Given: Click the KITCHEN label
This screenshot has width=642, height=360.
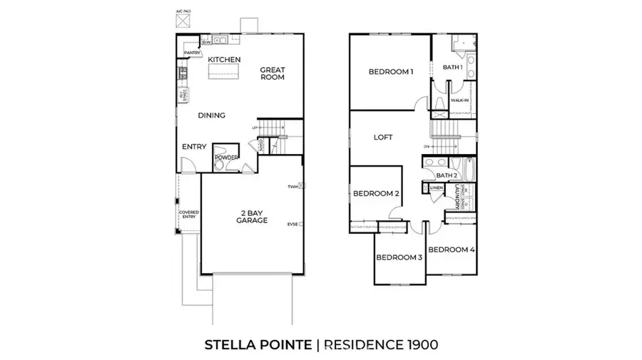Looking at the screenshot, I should pos(224,59).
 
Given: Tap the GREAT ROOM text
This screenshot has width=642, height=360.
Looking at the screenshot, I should pos(272,73).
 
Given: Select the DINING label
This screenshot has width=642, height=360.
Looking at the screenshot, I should pos(211,115).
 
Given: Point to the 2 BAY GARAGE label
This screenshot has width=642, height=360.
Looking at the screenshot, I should pos(252,217).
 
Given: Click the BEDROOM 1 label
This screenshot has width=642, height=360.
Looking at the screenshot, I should pos(391,71).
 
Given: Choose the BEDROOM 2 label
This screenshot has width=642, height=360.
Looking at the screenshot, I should pos(376,193).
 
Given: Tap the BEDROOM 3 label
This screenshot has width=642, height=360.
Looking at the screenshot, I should pos(399,257).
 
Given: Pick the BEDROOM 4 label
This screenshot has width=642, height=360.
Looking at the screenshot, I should pos(452,250).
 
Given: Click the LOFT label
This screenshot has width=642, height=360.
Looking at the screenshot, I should pos(384,137).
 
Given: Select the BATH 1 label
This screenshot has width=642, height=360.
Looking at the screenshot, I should pos(453,67).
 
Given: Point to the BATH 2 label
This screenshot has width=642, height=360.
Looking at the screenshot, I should pos(446,175).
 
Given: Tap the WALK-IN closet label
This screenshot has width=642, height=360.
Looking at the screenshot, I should pos(459,100).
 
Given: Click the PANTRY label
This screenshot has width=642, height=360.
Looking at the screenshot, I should pos(191,53).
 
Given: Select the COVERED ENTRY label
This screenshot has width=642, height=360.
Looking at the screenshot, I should pos(189,214).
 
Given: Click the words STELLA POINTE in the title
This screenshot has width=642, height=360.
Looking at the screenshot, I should pos(258,345).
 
